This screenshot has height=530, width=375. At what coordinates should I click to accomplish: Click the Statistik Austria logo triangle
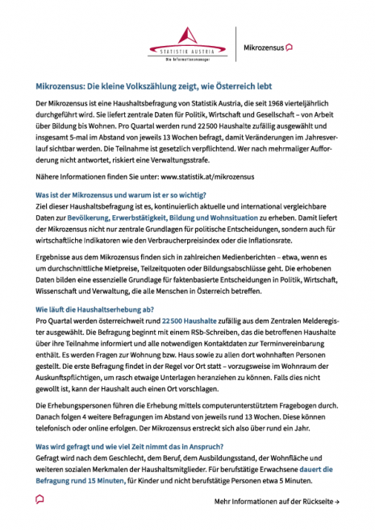(187, 37)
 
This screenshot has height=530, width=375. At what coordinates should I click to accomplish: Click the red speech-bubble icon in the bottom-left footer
(40, 500)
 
